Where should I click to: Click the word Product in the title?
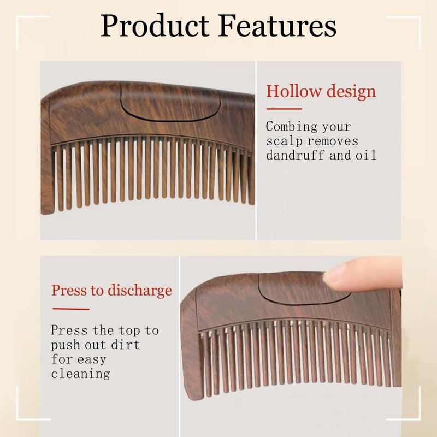tap(155, 26)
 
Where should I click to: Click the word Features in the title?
tap(277, 26)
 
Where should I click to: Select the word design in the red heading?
tap(351, 92)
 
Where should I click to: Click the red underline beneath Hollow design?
tap(284, 109)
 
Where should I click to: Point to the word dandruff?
tap(296, 155)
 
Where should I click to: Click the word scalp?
tap(284, 141)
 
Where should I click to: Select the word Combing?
tap(292, 127)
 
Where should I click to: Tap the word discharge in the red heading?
tap(140, 291)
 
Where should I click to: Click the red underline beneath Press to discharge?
tap(71, 309)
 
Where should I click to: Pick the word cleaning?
tap(80, 374)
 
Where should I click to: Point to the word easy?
tap(92, 360)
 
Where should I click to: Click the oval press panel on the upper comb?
tap(170, 102)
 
